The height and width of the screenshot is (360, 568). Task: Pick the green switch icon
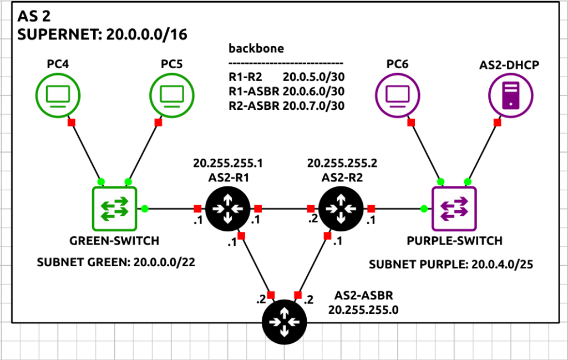[x=114, y=209]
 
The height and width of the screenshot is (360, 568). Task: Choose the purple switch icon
[x=454, y=209]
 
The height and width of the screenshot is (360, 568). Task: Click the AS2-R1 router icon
[x=227, y=209]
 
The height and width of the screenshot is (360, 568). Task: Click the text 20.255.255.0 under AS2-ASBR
[x=363, y=310]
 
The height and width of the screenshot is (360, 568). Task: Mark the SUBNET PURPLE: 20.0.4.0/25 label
[x=451, y=265]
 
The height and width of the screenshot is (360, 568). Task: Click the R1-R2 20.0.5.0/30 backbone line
[x=287, y=77]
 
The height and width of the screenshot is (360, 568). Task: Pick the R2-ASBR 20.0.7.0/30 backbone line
[x=287, y=105]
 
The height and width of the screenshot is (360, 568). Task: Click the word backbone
[x=256, y=48]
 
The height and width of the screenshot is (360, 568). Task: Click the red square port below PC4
[x=71, y=122]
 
